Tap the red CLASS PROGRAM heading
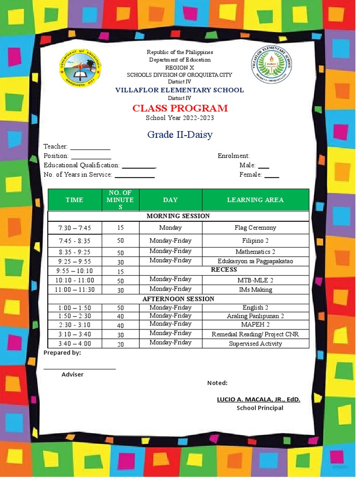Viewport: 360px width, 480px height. pyautogui.click(x=180, y=108)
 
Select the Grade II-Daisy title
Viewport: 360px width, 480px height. pyautogui.click(x=180, y=135)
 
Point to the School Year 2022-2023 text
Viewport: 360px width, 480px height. pyautogui.click(x=180, y=118)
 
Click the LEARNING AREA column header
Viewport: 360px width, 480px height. pyautogui.click(x=255, y=200)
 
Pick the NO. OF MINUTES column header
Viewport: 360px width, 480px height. pyautogui.click(x=120, y=200)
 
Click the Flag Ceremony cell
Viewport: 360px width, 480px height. pyautogui.click(x=255, y=228)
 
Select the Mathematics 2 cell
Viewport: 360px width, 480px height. pyautogui.click(x=255, y=252)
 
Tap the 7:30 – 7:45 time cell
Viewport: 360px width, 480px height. pyautogui.click(x=75, y=228)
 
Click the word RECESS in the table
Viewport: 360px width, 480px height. pyautogui.click(x=224, y=270)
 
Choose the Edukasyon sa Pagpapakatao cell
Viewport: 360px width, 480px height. pyautogui.click(x=255, y=261)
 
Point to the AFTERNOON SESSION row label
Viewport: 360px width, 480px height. pyautogui.click(x=178, y=299)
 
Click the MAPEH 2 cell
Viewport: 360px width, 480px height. pyautogui.click(x=255, y=324)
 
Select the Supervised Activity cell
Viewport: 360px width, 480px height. pyautogui.click(x=255, y=344)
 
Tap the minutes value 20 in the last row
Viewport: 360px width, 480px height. pyautogui.click(x=120, y=344)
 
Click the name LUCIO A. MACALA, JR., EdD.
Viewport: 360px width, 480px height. pyautogui.click(x=258, y=399)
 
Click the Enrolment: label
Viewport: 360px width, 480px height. pyautogui.click(x=233, y=156)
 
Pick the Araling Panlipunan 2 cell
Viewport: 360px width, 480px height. pyautogui.click(x=255, y=316)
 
